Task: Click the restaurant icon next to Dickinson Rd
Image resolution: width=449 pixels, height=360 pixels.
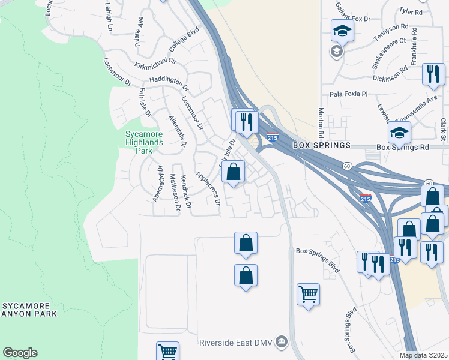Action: [x=433, y=74]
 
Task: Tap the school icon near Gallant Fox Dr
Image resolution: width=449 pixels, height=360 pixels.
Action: [x=342, y=31]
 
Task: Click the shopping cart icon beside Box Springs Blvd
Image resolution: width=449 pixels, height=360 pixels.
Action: [x=308, y=294]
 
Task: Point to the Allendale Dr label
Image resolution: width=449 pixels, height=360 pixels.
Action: [x=177, y=132]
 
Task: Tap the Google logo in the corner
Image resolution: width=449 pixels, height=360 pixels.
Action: [x=20, y=353]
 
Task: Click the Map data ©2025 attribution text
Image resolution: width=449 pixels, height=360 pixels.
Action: [x=423, y=355]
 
